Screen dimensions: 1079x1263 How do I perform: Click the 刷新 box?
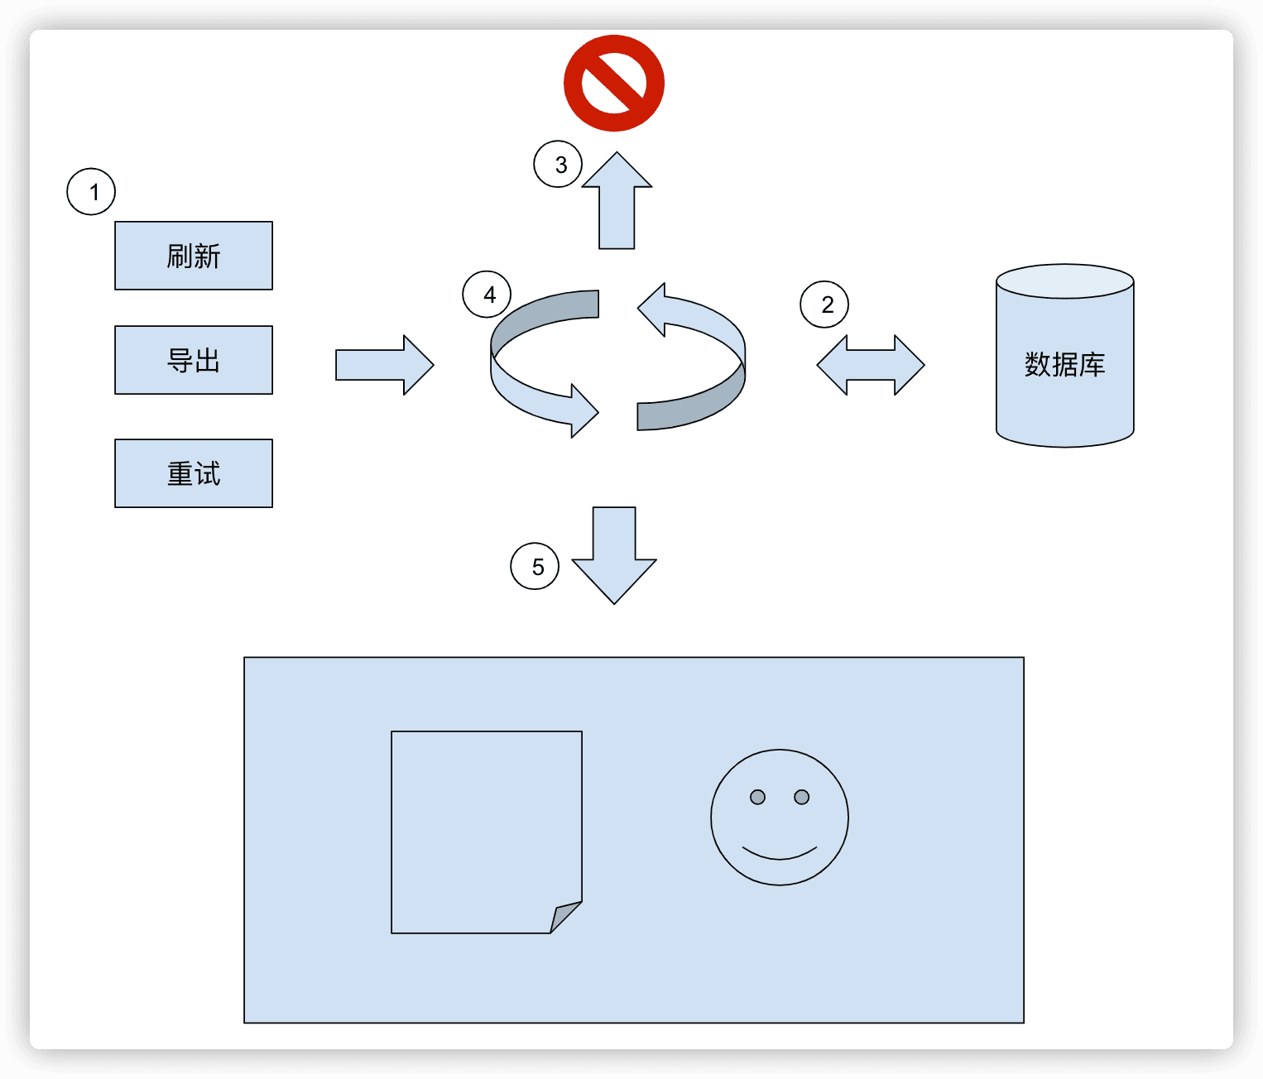click(x=194, y=256)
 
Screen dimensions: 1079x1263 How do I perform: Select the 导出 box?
click(x=194, y=360)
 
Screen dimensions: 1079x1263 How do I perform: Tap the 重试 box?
click(x=194, y=473)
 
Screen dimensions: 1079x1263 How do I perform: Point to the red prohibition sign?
click(x=614, y=83)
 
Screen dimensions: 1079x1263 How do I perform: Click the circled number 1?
click(x=91, y=192)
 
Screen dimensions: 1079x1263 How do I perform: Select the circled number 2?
click(x=824, y=305)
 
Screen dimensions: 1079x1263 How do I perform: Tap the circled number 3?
click(x=558, y=164)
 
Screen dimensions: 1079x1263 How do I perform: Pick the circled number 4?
click(x=487, y=295)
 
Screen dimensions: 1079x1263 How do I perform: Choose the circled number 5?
click(x=535, y=566)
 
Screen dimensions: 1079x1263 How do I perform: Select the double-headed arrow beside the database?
click(x=871, y=365)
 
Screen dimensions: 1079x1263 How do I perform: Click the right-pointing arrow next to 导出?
click(x=384, y=365)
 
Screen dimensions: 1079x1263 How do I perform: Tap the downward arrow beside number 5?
click(x=614, y=554)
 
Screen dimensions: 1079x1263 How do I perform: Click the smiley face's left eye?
click(x=757, y=797)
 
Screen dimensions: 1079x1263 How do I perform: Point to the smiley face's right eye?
click(x=801, y=797)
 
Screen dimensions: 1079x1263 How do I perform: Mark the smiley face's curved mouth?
click(x=780, y=854)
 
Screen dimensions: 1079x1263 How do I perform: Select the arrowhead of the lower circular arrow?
click(x=583, y=410)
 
